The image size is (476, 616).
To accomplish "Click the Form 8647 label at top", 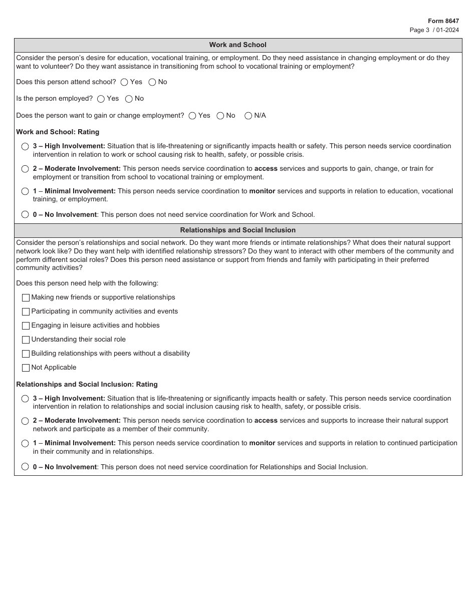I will click(443, 21).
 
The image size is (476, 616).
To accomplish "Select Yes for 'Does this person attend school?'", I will click(124, 82).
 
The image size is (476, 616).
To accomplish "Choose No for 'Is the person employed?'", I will click(129, 99).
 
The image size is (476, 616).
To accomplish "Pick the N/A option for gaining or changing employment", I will click(249, 116).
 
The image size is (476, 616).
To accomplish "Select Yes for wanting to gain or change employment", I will click(192, 116).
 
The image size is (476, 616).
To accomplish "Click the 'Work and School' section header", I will click(237, 45).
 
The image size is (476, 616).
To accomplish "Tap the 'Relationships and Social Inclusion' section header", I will click(237, 230).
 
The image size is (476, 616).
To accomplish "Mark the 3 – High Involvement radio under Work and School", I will click(25, 146).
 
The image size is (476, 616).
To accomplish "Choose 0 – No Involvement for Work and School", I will click(25, 214).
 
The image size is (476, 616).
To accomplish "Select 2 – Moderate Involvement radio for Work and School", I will click(25, 169).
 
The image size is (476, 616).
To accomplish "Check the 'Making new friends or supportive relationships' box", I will click(26, 297).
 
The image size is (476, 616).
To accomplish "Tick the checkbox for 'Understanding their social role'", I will click(26, 340).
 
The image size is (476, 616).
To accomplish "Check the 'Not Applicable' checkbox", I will click(26, 368).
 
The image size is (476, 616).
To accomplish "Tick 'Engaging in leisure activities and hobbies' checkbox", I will click(26, 326).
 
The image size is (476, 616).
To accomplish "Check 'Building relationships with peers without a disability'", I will click(26, 354).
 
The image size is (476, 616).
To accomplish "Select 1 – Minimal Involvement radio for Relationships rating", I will click(25, 443).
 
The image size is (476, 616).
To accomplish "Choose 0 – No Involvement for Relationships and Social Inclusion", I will click(25, 467).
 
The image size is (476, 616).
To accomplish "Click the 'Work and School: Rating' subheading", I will click(58, 132).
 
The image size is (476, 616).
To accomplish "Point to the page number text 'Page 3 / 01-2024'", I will click(434, 30).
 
